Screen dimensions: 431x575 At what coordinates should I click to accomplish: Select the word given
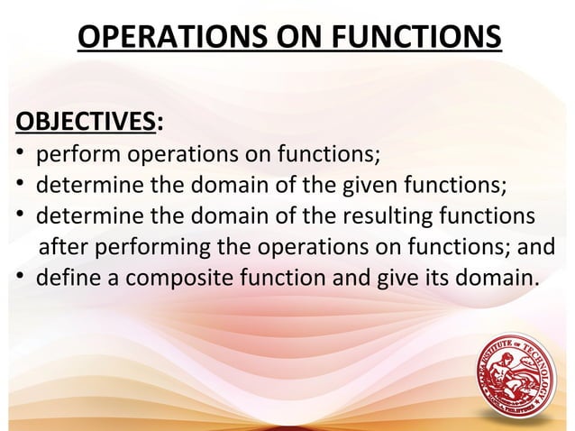tap(371, 186)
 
